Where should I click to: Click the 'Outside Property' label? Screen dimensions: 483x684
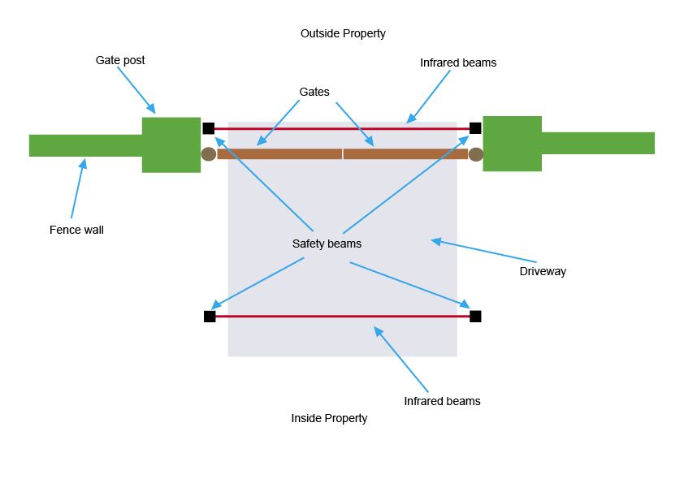[x=343, y=33]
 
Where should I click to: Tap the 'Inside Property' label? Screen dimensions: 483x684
[x=329, y=418]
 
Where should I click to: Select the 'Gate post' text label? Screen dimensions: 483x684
[x=120, y=60]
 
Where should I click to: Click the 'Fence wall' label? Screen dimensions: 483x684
[x=76, y=230]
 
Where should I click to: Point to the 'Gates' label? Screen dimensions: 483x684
[x=314, y=92]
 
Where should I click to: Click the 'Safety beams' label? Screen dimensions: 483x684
[x=327, y=244]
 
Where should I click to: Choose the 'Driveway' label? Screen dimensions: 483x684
[x=543, y=271]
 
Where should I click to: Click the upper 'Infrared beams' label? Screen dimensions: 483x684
[x=458, y=63]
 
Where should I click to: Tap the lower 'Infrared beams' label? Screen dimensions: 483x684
[x=442, y=401]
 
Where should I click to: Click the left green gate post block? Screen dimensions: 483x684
[x=171, y=144]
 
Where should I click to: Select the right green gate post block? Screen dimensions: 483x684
[x=512, y=144]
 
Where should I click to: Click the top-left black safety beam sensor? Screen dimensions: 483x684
[x=209, y=128]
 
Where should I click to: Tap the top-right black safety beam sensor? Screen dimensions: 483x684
[x=475, y=127]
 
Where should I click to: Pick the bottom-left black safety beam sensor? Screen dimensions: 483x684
[x=210, y=317]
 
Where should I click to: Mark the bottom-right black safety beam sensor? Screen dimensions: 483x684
[x=475, y=316]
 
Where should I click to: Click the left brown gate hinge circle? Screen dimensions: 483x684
[x=209, y=154]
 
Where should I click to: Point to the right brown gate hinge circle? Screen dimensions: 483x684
[x=476, y=154]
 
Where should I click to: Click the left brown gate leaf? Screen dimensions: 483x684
[x=279, y=153]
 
